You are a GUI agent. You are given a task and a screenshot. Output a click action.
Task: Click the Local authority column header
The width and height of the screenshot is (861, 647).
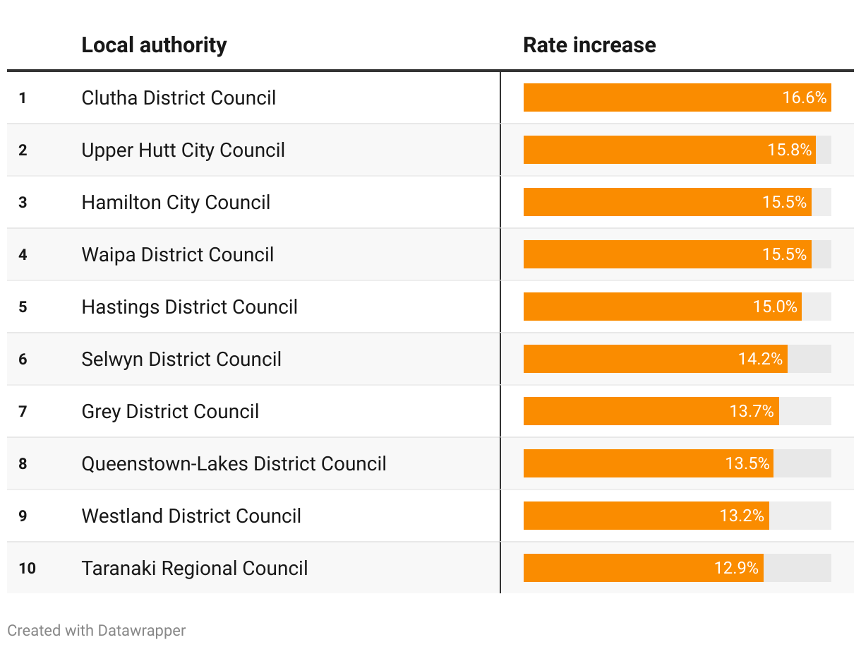154,45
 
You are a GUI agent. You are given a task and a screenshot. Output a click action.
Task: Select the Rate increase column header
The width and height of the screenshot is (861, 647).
589,45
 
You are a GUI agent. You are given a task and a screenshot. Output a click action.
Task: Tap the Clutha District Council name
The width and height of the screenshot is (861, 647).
179,97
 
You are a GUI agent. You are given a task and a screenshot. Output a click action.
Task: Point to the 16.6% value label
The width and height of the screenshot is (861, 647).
804,97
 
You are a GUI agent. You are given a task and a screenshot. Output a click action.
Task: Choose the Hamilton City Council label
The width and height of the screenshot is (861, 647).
176,202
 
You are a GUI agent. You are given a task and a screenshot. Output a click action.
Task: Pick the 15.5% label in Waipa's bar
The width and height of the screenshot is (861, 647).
784,254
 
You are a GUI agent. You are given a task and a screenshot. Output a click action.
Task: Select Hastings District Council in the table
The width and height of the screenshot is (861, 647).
189,307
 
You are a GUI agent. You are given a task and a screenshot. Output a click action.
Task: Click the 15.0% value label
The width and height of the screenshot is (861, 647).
775,307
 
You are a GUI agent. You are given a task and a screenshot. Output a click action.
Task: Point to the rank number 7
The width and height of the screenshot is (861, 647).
23,411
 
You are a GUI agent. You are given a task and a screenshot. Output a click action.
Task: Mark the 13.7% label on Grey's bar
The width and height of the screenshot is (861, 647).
752,411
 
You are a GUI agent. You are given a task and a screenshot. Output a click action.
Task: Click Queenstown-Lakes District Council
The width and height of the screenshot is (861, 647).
234,463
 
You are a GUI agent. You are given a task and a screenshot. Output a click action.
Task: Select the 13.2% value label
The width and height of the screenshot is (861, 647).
742,516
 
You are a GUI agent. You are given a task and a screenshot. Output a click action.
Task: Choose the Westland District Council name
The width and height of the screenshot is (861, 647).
191,516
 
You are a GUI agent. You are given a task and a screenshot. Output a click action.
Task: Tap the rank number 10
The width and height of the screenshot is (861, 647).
27,568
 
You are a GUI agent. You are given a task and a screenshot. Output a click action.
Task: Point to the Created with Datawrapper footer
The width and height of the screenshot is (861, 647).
97,630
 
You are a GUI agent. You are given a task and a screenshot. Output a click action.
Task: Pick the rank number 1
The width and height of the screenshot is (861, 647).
23,97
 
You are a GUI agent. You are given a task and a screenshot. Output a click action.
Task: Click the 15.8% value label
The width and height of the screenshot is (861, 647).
790,150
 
